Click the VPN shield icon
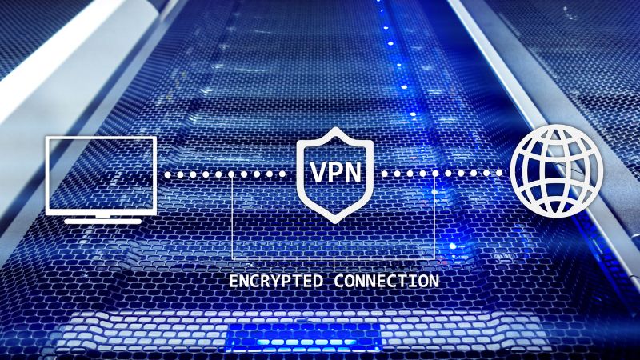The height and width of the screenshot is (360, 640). coord(335,175)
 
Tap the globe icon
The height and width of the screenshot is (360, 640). coord(557,170)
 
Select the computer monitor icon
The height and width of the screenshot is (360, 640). coord(101,180)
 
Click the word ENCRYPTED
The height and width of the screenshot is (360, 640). coord(275,282)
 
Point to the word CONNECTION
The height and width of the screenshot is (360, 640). coord(386,282)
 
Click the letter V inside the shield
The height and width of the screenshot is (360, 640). coord(318,171)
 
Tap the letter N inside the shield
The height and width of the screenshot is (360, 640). coord(352,171)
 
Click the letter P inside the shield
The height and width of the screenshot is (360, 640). coord(335,171)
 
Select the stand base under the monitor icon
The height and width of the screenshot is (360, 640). coord(103,222)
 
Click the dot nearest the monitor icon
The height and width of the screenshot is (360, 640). coord(168,174)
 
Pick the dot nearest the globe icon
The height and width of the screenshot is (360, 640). coord(499,173)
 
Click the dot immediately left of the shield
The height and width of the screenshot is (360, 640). coord(282,174)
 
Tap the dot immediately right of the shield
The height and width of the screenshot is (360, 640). coord(385,174)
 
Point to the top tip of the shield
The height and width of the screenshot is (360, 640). coord(335,127)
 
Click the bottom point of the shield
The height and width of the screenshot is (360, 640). coord(335,223)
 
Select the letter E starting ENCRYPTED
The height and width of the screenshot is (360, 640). coord(234,282)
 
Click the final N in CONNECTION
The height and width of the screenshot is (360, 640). coord(434,282)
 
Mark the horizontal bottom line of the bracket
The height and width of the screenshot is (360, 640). coord(334,259)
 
